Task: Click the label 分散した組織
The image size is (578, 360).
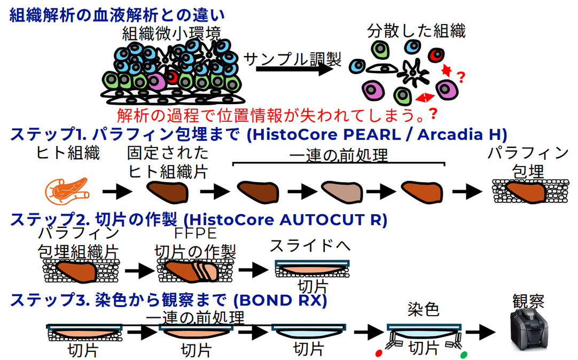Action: [x=417, y=31]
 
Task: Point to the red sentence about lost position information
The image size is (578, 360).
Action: [x=273, y=115]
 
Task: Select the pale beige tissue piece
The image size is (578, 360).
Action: [x=342, y=190]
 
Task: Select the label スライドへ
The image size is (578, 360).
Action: [x=310, y=246]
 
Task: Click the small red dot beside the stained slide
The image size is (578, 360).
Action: [x=379, y=353]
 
